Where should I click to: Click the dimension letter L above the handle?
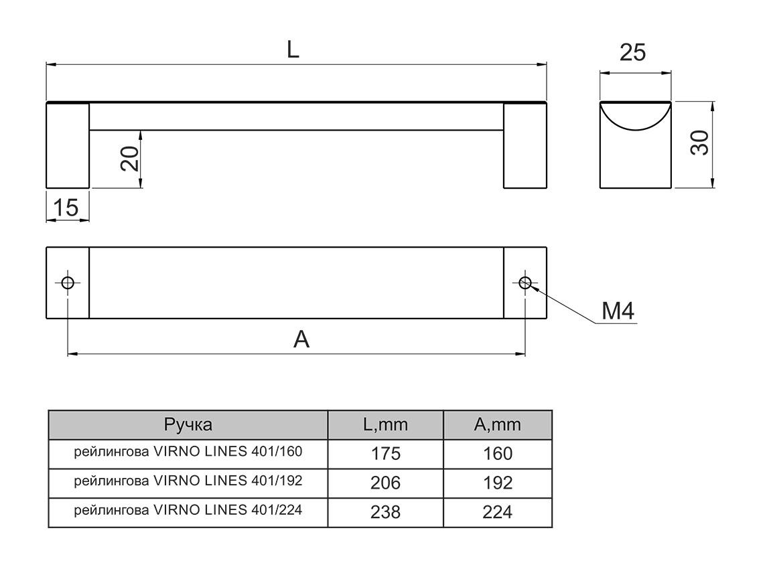point(293,51)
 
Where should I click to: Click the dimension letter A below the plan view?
point(301,340)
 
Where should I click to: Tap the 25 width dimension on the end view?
point(632,52)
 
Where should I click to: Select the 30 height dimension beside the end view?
point(699,143)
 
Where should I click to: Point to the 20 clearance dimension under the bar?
point(131,159)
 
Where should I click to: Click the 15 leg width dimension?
point(66,208)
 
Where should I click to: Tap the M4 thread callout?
point(618,311)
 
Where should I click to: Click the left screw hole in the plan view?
point(68,282)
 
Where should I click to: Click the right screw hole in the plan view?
point(525,282)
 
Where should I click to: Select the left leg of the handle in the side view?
point(68,145)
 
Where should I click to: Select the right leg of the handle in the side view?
point(525,145)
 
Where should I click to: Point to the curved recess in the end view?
point(634,114)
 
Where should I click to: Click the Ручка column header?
point(188,424)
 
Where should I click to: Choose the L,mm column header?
point(385,424)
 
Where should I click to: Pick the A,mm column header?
point(497,424)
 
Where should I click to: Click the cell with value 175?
point(385,454)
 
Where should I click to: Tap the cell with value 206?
point(385,483)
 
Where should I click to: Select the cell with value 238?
point(385,512)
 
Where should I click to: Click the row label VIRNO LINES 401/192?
point(188,481)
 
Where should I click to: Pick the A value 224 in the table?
point(497,512)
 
